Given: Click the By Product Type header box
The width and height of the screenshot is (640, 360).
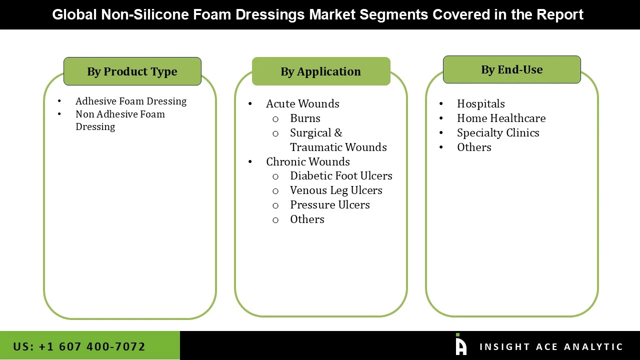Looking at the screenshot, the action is point(132,71).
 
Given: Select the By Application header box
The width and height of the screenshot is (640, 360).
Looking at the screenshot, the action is point(321,71).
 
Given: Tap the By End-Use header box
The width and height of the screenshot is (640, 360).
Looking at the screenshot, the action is point(511,69).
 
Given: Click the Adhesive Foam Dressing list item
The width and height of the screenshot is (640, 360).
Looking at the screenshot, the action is point(131,101).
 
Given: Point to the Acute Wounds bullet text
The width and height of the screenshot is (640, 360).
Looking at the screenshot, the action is point(302,103).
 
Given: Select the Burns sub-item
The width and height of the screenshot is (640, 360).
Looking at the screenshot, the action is point(305,118).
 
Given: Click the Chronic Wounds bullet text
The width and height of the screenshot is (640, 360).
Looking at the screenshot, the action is point(308,161).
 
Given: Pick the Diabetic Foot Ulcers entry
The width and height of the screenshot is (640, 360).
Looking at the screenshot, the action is point(341,175).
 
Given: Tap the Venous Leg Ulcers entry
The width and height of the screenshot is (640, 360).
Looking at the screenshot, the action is point(336,190).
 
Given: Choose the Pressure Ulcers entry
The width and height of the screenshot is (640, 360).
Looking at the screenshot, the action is point(330,204).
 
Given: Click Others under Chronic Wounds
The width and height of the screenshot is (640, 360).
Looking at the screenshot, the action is point(307,219).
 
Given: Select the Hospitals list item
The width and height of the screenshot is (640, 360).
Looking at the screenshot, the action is point(481,103).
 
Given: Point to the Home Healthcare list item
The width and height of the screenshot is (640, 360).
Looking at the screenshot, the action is point(501,118).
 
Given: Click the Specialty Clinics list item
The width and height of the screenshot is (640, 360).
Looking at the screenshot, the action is point(498,132).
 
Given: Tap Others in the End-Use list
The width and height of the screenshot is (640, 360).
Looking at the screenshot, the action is point(474,147).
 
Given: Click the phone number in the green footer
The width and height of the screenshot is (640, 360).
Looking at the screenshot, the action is point(79,346).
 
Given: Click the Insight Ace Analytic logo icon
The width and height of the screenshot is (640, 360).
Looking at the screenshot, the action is point(460,345).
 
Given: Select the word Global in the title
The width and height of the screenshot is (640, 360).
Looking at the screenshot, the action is point(74,14).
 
